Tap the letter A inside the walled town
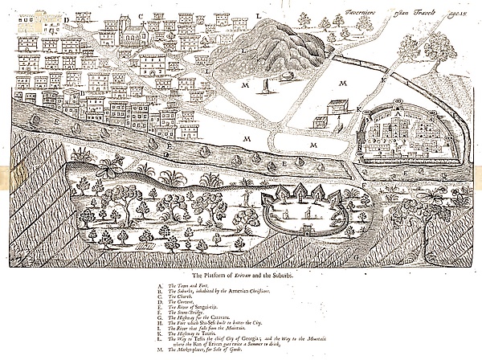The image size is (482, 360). tap(396, 115)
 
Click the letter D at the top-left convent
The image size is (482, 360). tap(68, 22)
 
